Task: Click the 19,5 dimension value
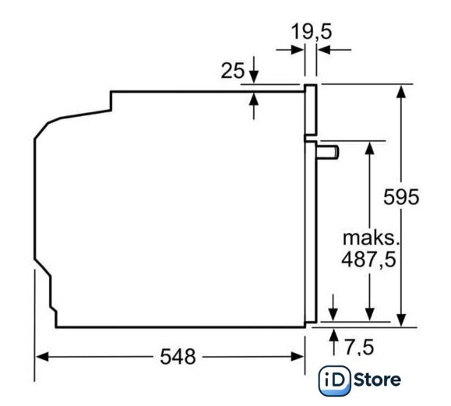pos(312,31)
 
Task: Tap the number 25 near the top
pos(232,70)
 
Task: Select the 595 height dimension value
pos(401,197)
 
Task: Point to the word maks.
pos(371,238)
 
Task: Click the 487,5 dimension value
pos(368,259)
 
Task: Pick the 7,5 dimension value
pos(359,347)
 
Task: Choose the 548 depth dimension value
pos(178,356)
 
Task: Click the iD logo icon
pos(334,380)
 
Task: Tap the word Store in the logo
pos(377,380)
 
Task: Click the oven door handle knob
pos(328,152)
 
